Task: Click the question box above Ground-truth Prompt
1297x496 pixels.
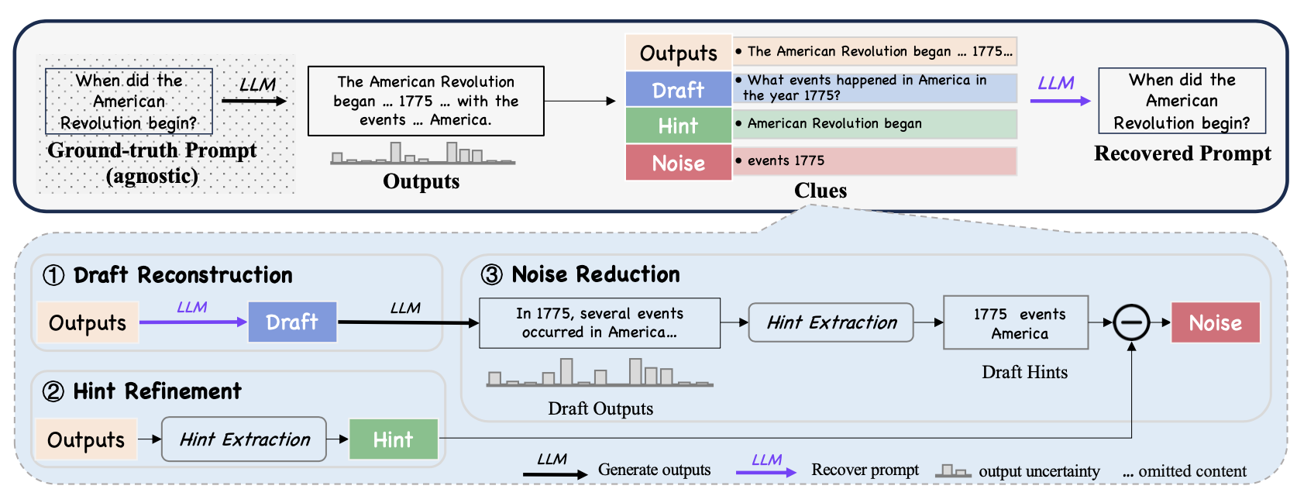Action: point(129,102)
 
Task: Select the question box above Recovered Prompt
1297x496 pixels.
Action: point(1182,101)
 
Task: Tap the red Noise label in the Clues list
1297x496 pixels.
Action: point(678,163)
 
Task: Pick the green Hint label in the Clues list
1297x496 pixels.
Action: point(678,126)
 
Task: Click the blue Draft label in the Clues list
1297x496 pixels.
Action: point(678,90)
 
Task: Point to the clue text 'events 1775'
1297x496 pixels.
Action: point(786,160)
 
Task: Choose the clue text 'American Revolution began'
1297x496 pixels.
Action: point(834,123)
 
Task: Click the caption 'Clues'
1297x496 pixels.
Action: point(820,191)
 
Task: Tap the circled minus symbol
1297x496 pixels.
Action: point(1131,322)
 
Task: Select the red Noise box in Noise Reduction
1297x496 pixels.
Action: point(1215,322)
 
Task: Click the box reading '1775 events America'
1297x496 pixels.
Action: point(1019,323)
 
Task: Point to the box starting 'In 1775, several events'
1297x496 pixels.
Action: point(600,323)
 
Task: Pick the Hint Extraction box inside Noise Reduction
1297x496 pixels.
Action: point(831,322)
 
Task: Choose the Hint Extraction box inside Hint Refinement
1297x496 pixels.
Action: point(244,439)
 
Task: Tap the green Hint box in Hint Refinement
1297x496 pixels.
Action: point(393,439)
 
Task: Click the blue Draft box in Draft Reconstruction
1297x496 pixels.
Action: point(292,322)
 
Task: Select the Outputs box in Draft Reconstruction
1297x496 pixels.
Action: point(87,322)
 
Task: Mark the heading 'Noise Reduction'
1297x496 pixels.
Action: point(595,274)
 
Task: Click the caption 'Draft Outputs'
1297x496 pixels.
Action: point(600,408)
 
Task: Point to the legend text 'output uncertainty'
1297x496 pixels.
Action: point(1039,471)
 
